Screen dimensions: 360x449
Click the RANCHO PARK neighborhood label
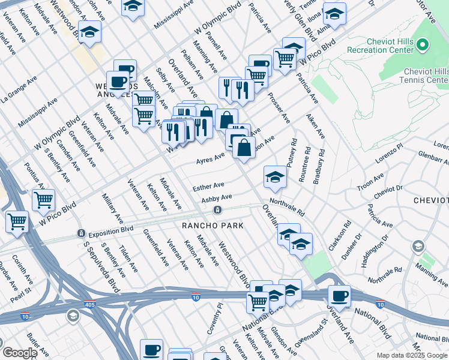(213, 226)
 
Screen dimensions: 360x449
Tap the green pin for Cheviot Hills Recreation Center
(423, 45)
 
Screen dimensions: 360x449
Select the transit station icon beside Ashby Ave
(217, 210)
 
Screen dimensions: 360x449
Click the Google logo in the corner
(20, 353)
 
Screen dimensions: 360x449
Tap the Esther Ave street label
(208, 187)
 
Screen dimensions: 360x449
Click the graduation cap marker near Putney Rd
(275, 176)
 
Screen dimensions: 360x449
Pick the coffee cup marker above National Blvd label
(339, 296)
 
